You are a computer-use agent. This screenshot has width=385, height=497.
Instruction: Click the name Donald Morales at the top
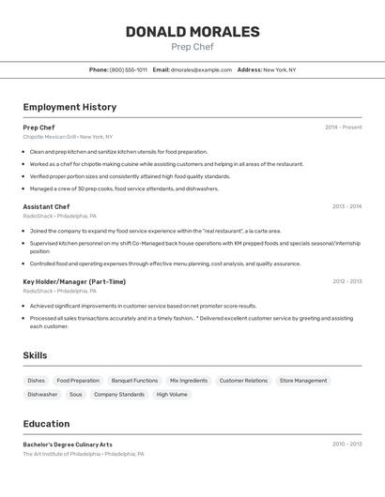192,32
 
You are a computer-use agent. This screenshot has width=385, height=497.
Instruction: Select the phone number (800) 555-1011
129,69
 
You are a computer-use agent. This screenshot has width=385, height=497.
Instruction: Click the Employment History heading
69,107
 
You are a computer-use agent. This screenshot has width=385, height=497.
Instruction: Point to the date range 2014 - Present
343,128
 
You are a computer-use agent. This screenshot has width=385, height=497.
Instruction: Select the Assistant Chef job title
46,206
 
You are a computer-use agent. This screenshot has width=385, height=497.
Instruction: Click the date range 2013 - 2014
346,206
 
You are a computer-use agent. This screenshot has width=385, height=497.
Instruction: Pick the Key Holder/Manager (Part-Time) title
74,281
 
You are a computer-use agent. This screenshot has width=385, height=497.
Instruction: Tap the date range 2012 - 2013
346,281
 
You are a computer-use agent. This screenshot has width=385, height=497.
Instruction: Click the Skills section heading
35,355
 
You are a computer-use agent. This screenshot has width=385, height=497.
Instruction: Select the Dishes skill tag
36,381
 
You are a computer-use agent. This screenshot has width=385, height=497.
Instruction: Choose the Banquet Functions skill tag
134,381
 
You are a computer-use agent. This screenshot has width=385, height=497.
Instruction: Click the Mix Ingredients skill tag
189,381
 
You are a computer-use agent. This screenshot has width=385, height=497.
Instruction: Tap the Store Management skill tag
303,381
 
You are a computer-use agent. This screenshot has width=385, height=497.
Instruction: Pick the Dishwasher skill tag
42,395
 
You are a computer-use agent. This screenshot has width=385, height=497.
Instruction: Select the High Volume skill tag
172,395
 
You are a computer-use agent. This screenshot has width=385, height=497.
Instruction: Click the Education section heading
46,424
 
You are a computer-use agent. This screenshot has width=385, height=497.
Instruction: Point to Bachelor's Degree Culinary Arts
68,444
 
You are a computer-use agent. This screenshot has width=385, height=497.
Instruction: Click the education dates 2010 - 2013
346,444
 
